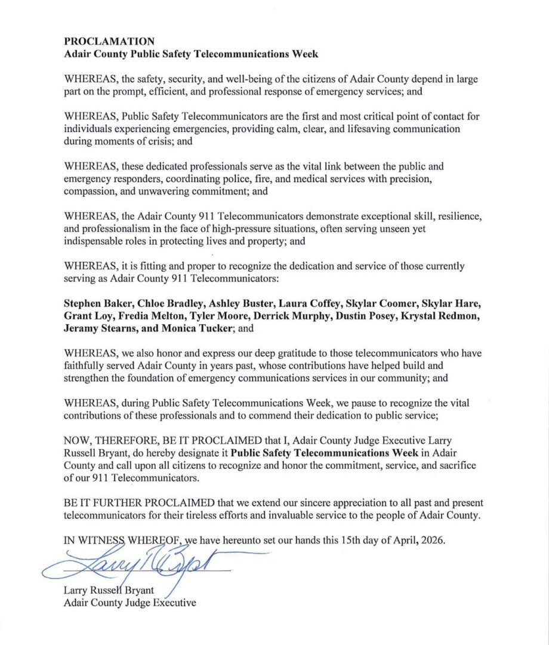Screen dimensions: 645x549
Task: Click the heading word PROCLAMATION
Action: (x=109, y=41)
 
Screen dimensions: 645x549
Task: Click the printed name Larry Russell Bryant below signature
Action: (x=109, y=590)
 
